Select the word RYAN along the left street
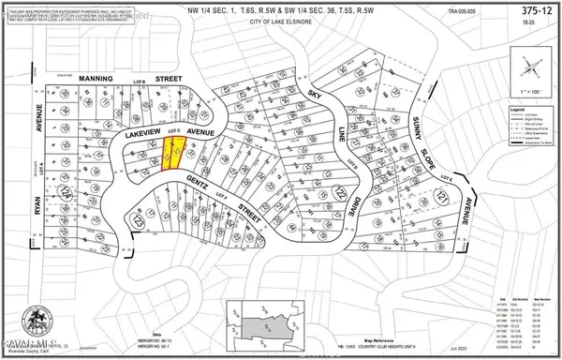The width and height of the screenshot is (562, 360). coord(38,229)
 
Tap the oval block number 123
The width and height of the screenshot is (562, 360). coord(137,223)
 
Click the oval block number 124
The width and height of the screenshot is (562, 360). coord(65,192)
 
